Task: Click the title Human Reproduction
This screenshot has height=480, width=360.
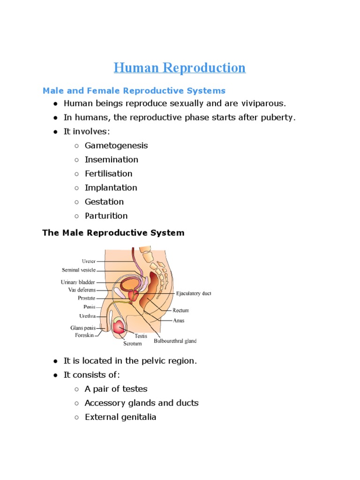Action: point(180,68)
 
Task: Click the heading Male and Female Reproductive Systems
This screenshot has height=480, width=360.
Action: point(134,90)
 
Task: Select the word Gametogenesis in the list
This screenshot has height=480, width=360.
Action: point(116,145)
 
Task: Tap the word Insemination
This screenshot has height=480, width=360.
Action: point(111,159)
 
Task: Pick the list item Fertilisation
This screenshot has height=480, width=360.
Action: point(108,173)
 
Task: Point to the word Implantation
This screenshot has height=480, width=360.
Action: point(111,187)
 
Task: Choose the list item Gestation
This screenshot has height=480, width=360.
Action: point(104,202)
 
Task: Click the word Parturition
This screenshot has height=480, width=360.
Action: point(106,216)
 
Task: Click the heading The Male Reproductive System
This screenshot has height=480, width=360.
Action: point(113,232)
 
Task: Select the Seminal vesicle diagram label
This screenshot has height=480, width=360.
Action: point(79,270)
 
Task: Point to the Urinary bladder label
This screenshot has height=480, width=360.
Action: point(78,282)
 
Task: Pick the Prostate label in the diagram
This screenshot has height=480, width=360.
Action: point(86,298)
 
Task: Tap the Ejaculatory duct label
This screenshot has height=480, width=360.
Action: point(194,293)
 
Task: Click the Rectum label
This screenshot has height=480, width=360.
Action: point(181,310)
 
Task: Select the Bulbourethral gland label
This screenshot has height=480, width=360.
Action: point(175,341)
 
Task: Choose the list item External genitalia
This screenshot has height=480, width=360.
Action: point(120,417)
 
